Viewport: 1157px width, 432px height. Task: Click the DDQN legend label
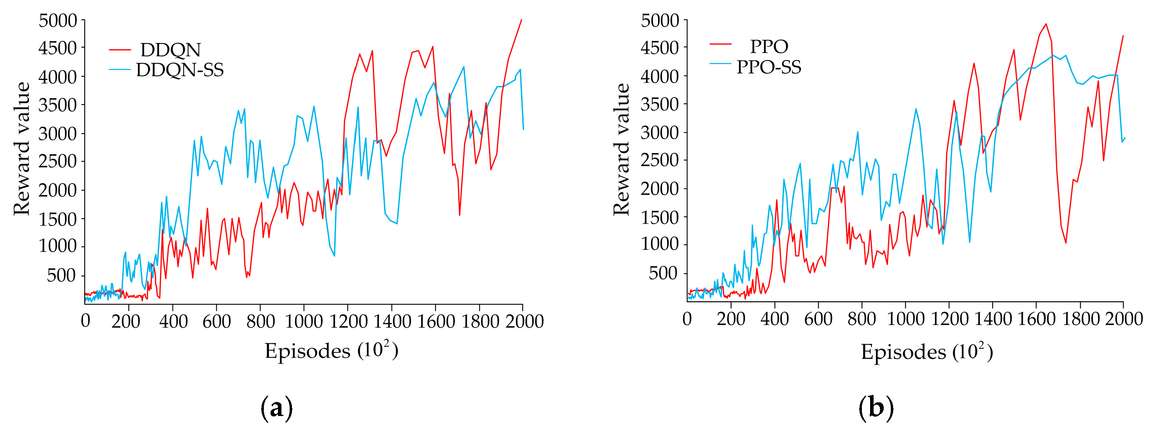pos(170,50)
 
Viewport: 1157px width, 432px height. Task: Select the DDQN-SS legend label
pos(180,70)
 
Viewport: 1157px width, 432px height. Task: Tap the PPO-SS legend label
pos(769,68)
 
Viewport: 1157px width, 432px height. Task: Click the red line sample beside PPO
pos(721,44)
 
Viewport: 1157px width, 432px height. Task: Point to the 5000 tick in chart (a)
pos(58,21)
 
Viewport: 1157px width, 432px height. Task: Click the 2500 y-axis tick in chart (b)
pos(659,160)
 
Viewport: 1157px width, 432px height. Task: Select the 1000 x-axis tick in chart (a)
pos(304,321)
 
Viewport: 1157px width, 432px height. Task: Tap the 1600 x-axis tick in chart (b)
pos(1036,319)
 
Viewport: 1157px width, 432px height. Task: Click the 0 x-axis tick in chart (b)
pos(687,319)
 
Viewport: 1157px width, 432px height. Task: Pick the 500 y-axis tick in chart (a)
pos(62,275)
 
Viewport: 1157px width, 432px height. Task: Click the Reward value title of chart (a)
pos(21,148)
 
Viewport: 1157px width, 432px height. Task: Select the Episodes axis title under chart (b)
pos(926,352)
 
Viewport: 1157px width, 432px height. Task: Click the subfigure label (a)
pos(277,408)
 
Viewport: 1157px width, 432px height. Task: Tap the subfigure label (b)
pos(876,408)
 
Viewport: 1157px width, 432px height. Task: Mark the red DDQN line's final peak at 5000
pos(522,20)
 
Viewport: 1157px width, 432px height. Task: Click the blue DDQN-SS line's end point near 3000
pos(523,129)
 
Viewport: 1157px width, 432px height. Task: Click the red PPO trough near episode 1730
pos(1065,243)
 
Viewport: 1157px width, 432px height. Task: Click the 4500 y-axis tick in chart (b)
pos(659,48)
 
